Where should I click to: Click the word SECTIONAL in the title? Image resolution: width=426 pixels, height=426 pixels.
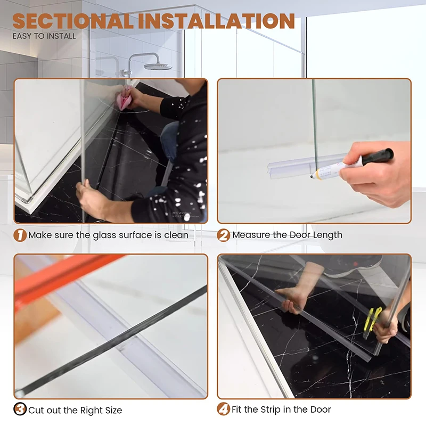pyautogui.click(x=72, y=21)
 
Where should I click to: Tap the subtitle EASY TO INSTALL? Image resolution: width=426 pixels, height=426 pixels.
pyautogui.click(x=44, y=36)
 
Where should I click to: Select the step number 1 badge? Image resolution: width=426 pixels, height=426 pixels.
pyautogui.click(x=20, y=235)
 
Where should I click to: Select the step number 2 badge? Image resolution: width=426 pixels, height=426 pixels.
pyautogui.click(x=224, y=235)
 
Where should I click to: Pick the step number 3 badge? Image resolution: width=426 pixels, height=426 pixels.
pyautogui.click(x=20, y=409)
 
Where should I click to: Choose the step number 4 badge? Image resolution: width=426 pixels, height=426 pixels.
pyautogui.click(x=224, y=409)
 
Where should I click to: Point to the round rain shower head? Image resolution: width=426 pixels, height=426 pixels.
pyautogui.click(x=158, y=66)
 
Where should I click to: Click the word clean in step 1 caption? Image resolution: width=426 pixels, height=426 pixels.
pyautogui.click(x=176, y=235)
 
